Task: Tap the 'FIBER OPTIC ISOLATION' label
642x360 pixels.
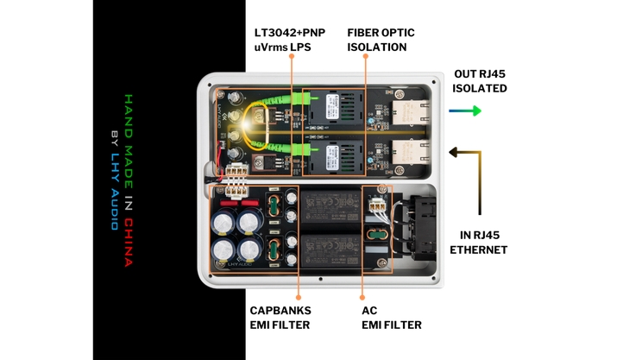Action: click(381, 39)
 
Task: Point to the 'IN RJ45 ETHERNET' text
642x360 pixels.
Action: click(479, 243)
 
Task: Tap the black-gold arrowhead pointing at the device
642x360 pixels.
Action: click(451, 153)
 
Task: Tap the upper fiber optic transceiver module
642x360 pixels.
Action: click(330, 110)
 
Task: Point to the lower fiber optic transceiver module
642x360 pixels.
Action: click(330, 155)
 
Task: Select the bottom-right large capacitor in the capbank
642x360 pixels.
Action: click(249, 252)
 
